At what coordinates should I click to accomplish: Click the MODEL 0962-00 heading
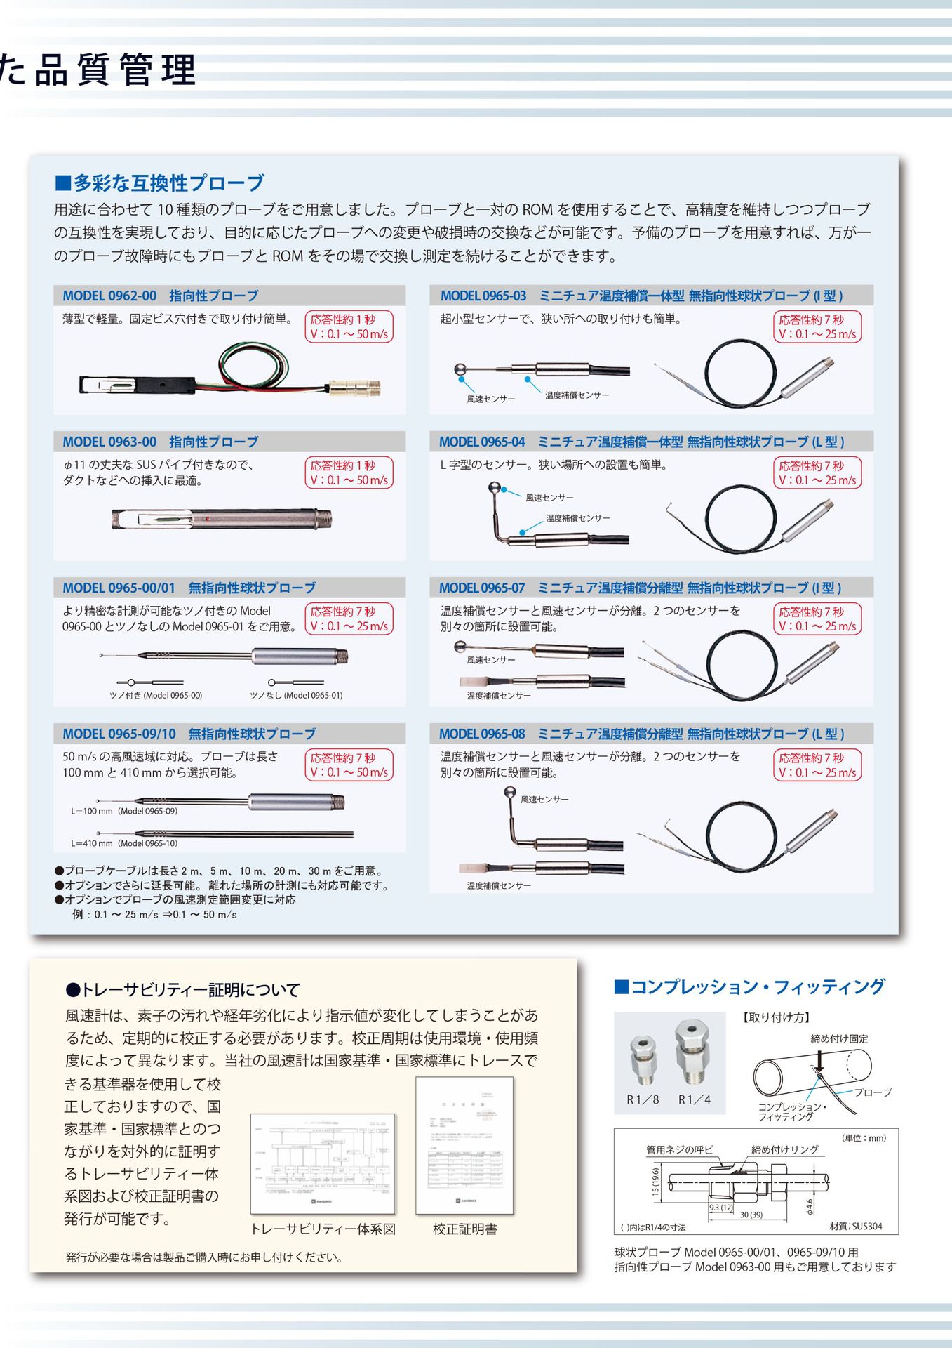point(160,296)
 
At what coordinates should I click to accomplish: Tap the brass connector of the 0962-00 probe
point(356,386)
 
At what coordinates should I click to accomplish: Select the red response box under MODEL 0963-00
point(349,473)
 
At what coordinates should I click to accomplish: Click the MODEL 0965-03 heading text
point(641,296)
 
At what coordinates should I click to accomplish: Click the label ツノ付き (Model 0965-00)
point(155,695)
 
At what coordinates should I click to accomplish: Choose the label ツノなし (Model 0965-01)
point(296,695)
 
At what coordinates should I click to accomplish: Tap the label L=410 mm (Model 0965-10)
point(124,843)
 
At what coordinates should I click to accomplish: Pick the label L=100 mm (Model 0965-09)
point(124,811)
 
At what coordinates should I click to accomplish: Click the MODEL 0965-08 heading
point(641,734)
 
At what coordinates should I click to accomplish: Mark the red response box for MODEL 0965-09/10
point(349,765)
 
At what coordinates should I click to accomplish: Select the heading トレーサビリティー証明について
point(182,990)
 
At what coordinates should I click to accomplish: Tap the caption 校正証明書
point(464,1229)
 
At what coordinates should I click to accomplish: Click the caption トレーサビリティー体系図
point(323,1229)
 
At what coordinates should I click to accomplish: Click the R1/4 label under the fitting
point(694,1099)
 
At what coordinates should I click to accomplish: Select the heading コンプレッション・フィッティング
point(749,987)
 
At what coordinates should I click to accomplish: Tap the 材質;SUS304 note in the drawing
point(855,1226)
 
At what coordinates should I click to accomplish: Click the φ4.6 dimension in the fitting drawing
point(810,1205)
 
